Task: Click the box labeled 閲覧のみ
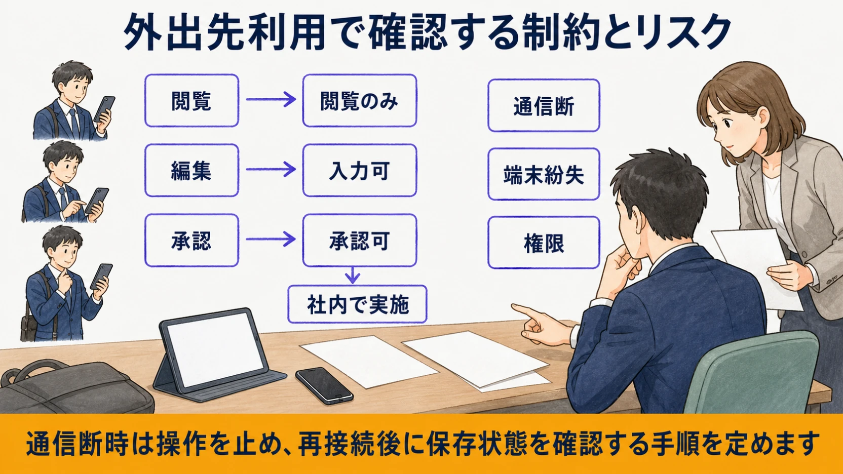[359, 100]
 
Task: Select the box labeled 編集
[191, 170]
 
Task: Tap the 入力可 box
[359, 170]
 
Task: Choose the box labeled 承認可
[359, 240]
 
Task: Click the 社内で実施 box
[357, 304]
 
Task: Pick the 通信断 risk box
[544, 105]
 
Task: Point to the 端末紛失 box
[544, 174]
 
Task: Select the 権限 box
[544, 243]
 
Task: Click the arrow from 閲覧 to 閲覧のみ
[271, 99]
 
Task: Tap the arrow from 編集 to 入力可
[271, 169]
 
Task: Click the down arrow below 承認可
[352, 275]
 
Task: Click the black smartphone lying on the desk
[324, 386]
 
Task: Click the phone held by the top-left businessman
[104, 109]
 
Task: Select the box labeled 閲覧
[191, 100]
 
